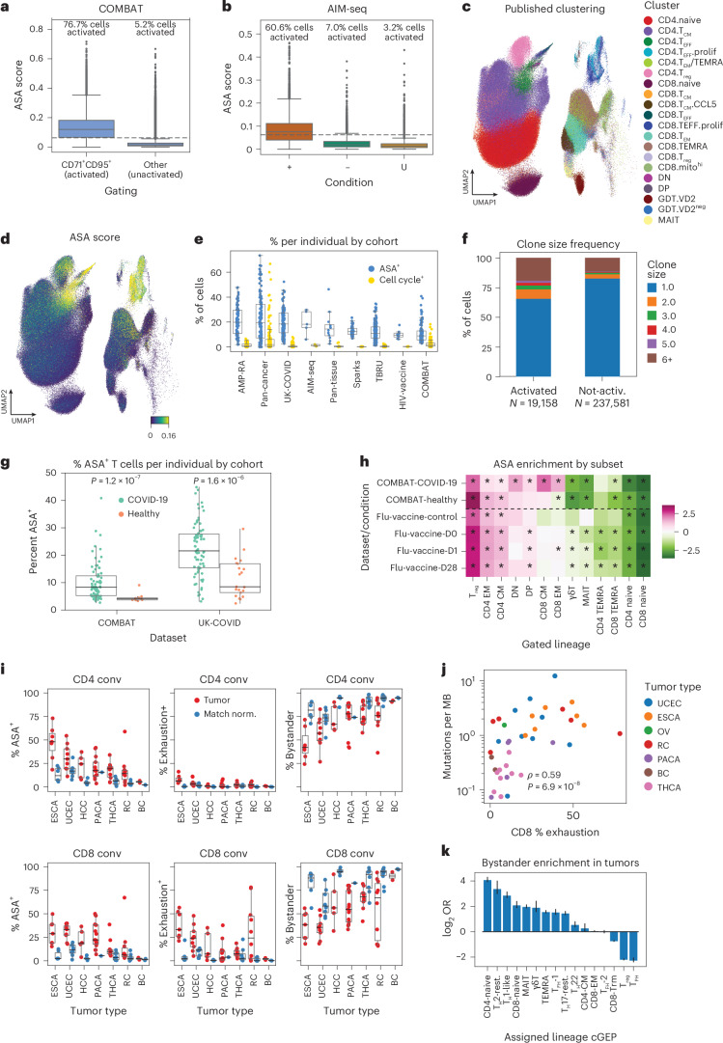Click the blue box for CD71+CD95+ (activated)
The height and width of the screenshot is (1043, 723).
[114, 128]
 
